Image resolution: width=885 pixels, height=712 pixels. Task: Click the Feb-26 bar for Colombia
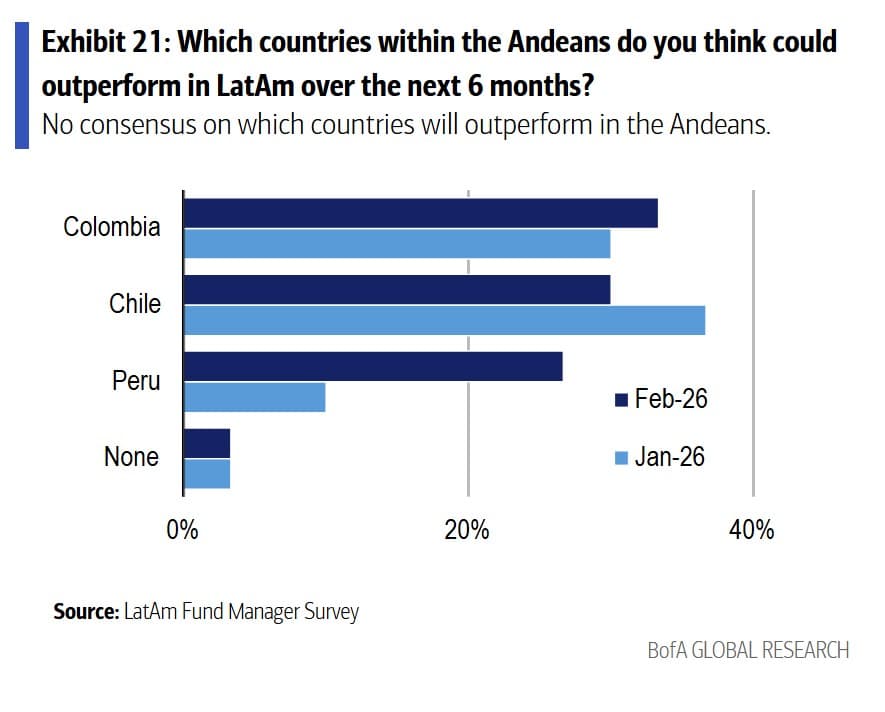tap(420, 213)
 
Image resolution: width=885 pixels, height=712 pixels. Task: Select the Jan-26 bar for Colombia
tap(397, 243)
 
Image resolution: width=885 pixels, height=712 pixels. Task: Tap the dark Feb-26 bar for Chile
tap(397, 290)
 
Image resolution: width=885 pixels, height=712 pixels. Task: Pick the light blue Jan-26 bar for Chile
tap(444, 320)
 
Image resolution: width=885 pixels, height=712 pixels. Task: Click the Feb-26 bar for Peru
tap(373, 367)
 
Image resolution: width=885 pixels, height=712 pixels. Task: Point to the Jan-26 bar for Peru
tap(255, 397)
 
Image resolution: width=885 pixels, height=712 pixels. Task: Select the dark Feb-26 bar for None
tap(207, 443)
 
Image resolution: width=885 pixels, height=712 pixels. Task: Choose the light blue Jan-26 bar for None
tap(207, 473)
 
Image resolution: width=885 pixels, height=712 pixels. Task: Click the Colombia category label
tap(111, 227)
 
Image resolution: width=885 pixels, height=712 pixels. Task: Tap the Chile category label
tap(135, 303)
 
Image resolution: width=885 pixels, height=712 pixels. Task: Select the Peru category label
tap(136, 380)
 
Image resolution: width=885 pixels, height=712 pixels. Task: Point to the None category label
tap(131, 457)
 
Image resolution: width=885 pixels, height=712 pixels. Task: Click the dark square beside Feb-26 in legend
tap(620, 400)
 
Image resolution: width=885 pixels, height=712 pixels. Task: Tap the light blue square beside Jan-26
tap(620, 458)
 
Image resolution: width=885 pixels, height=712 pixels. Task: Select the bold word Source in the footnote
tap(85, 611)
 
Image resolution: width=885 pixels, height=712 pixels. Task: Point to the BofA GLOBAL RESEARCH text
tap(748, 650)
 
